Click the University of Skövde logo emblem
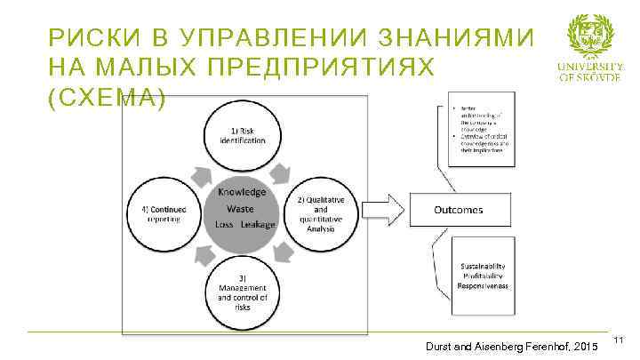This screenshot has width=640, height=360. tap(590, 35)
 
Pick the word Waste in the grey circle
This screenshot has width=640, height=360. tap(240, 208)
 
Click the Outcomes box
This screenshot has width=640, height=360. tap(458, 210)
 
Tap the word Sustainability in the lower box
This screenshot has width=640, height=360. tap(484, 266)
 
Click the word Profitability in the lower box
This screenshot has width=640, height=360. tap(484, 276)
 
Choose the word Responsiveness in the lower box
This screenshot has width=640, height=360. tap(484, 287)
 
